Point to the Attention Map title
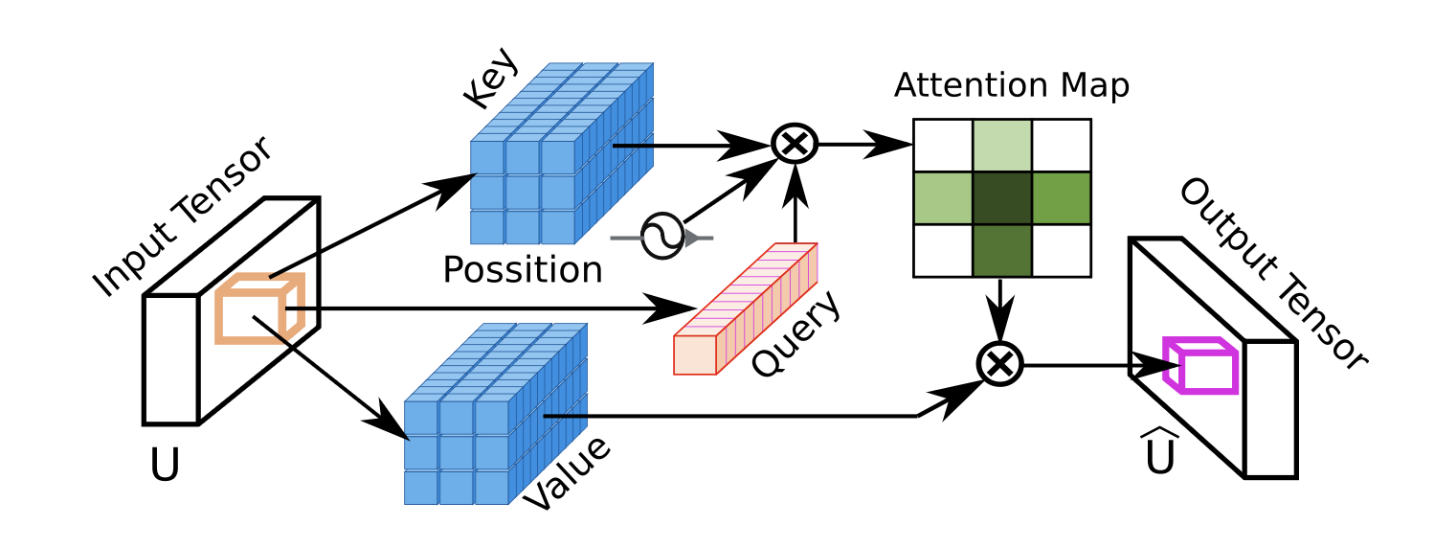tap(1012, 86)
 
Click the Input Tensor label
tap(183, 217)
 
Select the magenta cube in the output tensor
tap(1199, 365)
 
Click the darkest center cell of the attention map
tap(1002, 198)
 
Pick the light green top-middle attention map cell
tap(1002, 146)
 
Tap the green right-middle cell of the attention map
tap(1061, 198)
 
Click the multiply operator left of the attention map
tap(795, 145)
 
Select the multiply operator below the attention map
tap(1000, 364)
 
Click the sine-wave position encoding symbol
tap(661, 236)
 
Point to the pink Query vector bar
tap(747, 308)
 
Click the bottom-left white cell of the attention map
tap(943, 251)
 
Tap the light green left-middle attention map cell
tap(943, 198)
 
